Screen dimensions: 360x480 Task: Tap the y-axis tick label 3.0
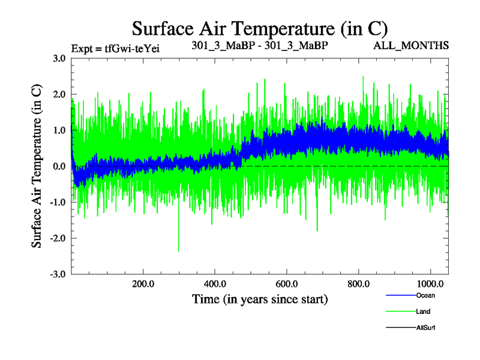coord(59,58)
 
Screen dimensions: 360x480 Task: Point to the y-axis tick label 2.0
coord(59,94)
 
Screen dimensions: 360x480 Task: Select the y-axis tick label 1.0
coord(59,130)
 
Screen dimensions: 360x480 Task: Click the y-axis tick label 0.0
coord(59,166)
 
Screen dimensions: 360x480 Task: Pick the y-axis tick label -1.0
coord(58,202)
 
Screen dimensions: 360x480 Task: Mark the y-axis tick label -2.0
coord(58,238)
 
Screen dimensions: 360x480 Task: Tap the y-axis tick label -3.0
coord(58,274)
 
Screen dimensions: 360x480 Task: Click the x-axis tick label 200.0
coord(143,283)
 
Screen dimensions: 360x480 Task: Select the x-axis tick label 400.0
coord(215,283)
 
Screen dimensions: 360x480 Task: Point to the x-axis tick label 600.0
coord(287,283)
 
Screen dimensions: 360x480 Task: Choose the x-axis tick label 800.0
coord(359,283)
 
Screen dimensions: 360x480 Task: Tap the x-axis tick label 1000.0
coord(430,283)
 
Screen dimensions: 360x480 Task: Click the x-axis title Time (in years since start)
coord(260,299)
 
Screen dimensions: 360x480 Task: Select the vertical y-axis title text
coord(37,166)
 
